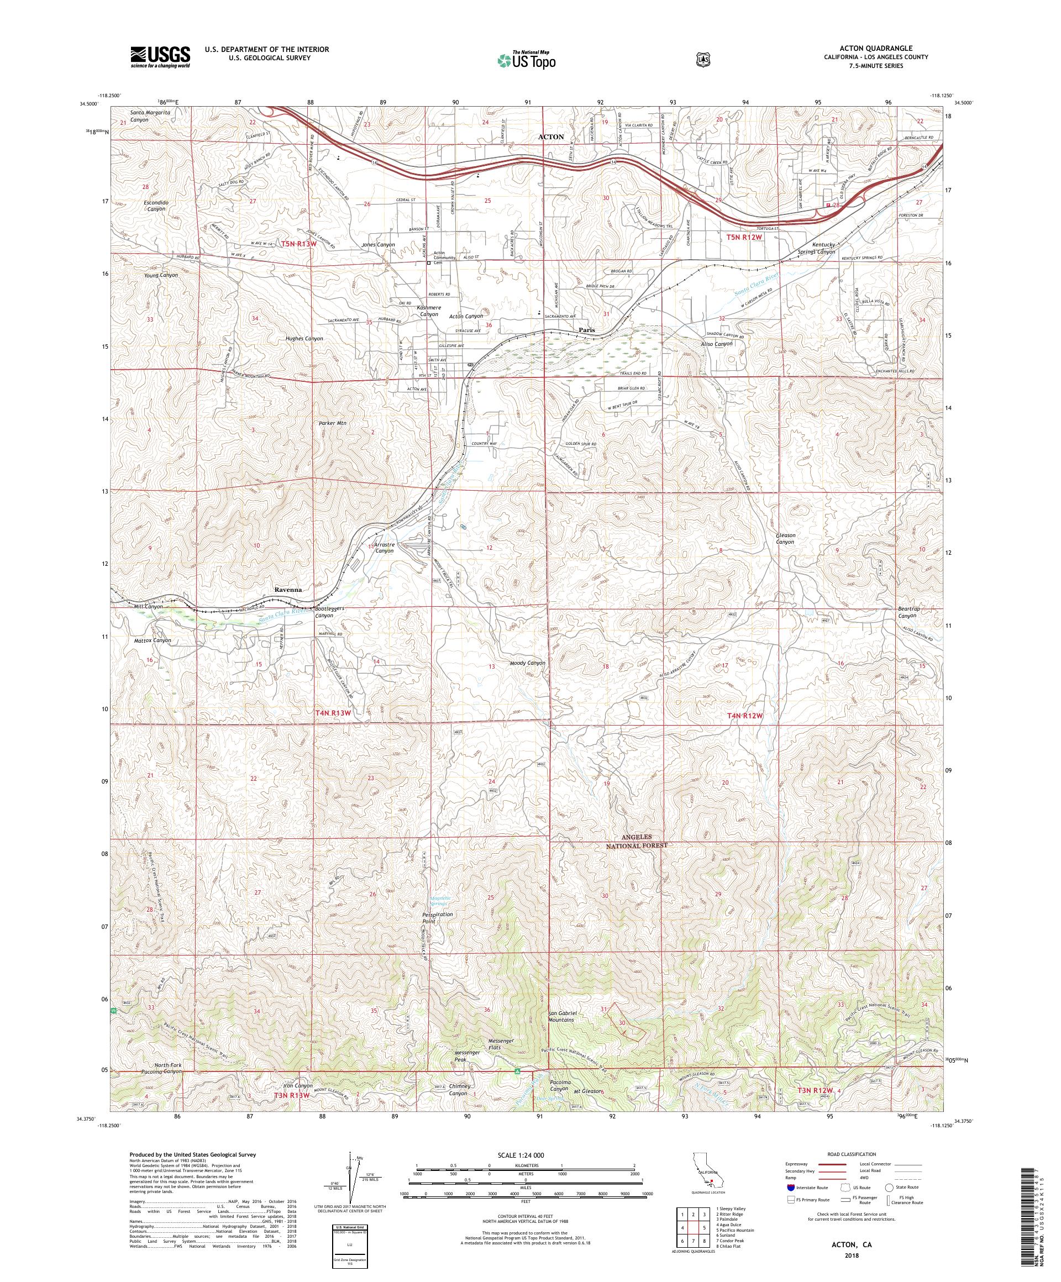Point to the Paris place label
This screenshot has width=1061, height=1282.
(x=587, y=330)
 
